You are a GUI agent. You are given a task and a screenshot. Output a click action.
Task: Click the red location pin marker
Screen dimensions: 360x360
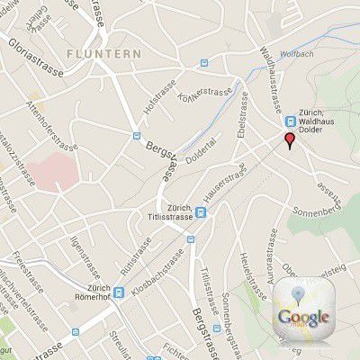(x=289, y=140)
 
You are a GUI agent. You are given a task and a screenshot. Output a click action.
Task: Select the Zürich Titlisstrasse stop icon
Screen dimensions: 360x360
(x=200, y=212)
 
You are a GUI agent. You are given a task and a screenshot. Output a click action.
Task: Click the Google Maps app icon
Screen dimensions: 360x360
(x=303, y=311)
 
